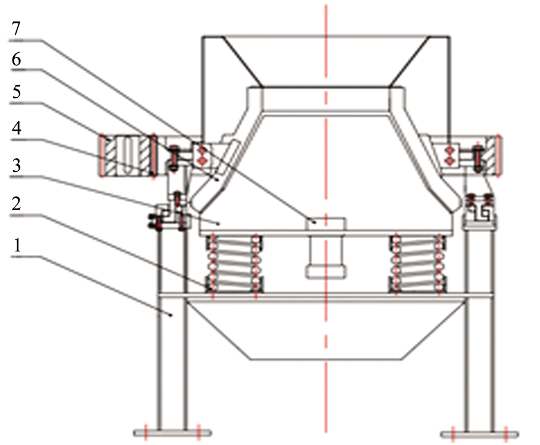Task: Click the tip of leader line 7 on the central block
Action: pos(313,222)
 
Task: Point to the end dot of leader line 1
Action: pos(171,314)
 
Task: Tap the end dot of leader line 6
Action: pos(217,179)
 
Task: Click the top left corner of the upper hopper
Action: pos(202,36)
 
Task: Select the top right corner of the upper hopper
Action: pos(449,36)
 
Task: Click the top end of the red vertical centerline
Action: pos(326,5)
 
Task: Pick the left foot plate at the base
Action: pos(172,433)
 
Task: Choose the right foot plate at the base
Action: pos(479,434)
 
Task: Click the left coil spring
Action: pos(234,264)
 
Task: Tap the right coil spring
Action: pos(418,264)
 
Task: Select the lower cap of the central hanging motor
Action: pos(325,271)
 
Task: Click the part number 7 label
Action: pos(16,29)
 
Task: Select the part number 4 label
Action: pos(16,128)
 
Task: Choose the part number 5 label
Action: pos(16,91)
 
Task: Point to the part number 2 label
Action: pos(16,204)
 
